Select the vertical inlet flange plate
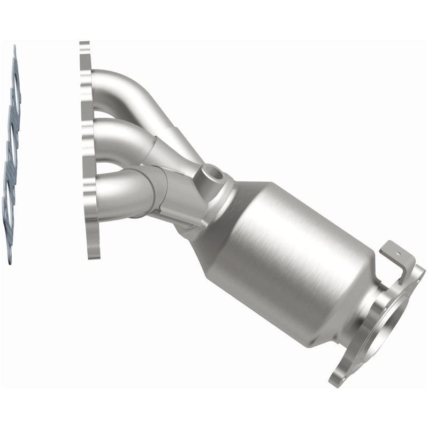(x=87, y=150)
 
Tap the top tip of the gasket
(x=14, y=48)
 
